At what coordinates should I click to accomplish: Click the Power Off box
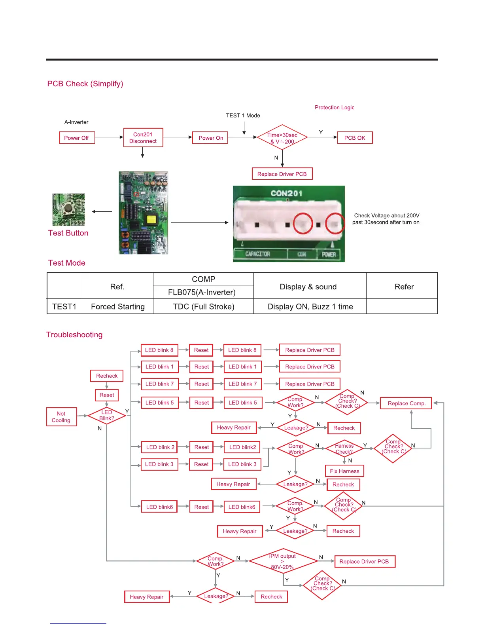tap(77, 138)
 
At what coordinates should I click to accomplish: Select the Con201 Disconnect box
tap(143, 138)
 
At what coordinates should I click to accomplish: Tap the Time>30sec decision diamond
tap(282, 138)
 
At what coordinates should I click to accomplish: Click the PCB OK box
tap(355, 138)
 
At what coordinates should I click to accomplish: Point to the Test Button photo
tap(69, 209)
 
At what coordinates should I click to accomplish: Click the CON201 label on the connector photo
tap(287, 194)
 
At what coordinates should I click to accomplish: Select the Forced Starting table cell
tap(117, 307)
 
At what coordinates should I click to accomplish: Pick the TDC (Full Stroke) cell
tap(204, 307)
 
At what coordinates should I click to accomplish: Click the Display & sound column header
tap(308, 287)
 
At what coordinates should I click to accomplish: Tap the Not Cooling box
tap(61, 417)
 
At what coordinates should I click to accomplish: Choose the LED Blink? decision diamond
tap(107, 415)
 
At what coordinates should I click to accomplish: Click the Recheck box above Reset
tap(107, 376)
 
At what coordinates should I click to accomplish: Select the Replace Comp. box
tap(406, 403)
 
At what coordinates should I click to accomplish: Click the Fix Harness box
tap(344, 471)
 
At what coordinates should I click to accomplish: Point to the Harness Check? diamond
tap(344, 448)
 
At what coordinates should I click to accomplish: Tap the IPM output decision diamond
tap(283, 561)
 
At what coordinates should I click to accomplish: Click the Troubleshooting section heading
tap(74, 335)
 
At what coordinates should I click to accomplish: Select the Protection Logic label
tap(335, 107)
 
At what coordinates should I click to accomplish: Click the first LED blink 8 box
tap(159, 350)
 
